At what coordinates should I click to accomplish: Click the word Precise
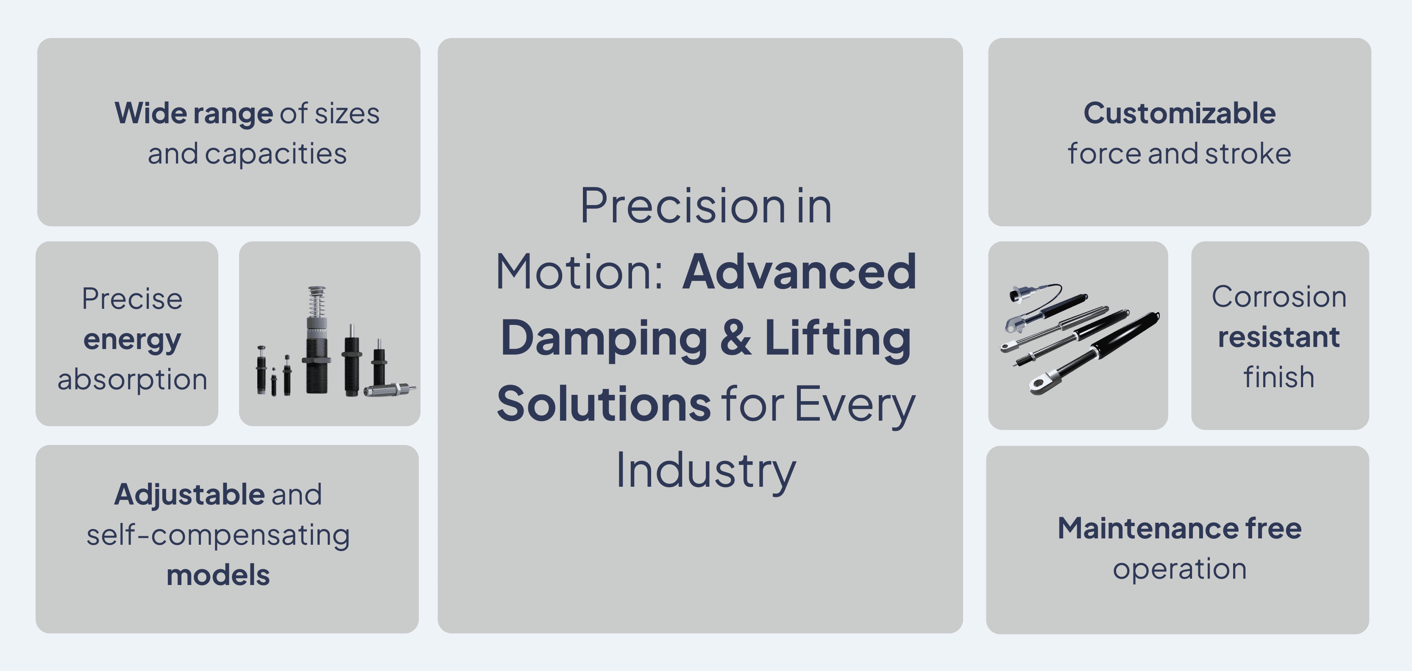point(132,299)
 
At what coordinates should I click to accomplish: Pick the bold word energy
point(132,340)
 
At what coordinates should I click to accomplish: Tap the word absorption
point(132,380)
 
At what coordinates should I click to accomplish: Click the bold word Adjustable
point(189,495)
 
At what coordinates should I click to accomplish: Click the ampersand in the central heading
point(735,338)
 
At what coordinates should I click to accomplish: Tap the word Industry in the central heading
point(705,471)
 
